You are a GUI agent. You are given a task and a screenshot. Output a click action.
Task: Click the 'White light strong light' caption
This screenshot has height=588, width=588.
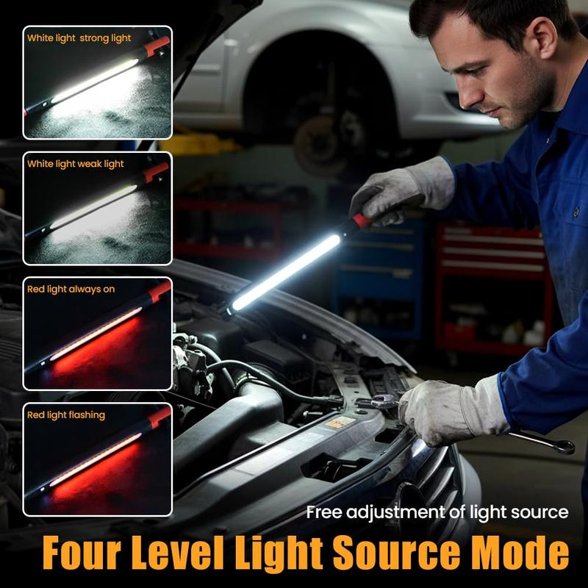coord(79,38)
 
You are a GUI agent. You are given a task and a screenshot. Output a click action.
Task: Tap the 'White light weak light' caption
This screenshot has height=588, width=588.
coord(76,163)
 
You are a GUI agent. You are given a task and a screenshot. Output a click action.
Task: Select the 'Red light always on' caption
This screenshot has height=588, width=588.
coord(71,289)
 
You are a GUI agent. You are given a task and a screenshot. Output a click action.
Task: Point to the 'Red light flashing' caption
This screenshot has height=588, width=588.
coord(66,415)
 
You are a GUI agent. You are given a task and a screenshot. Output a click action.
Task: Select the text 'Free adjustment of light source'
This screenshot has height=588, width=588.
coord(437,512)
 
